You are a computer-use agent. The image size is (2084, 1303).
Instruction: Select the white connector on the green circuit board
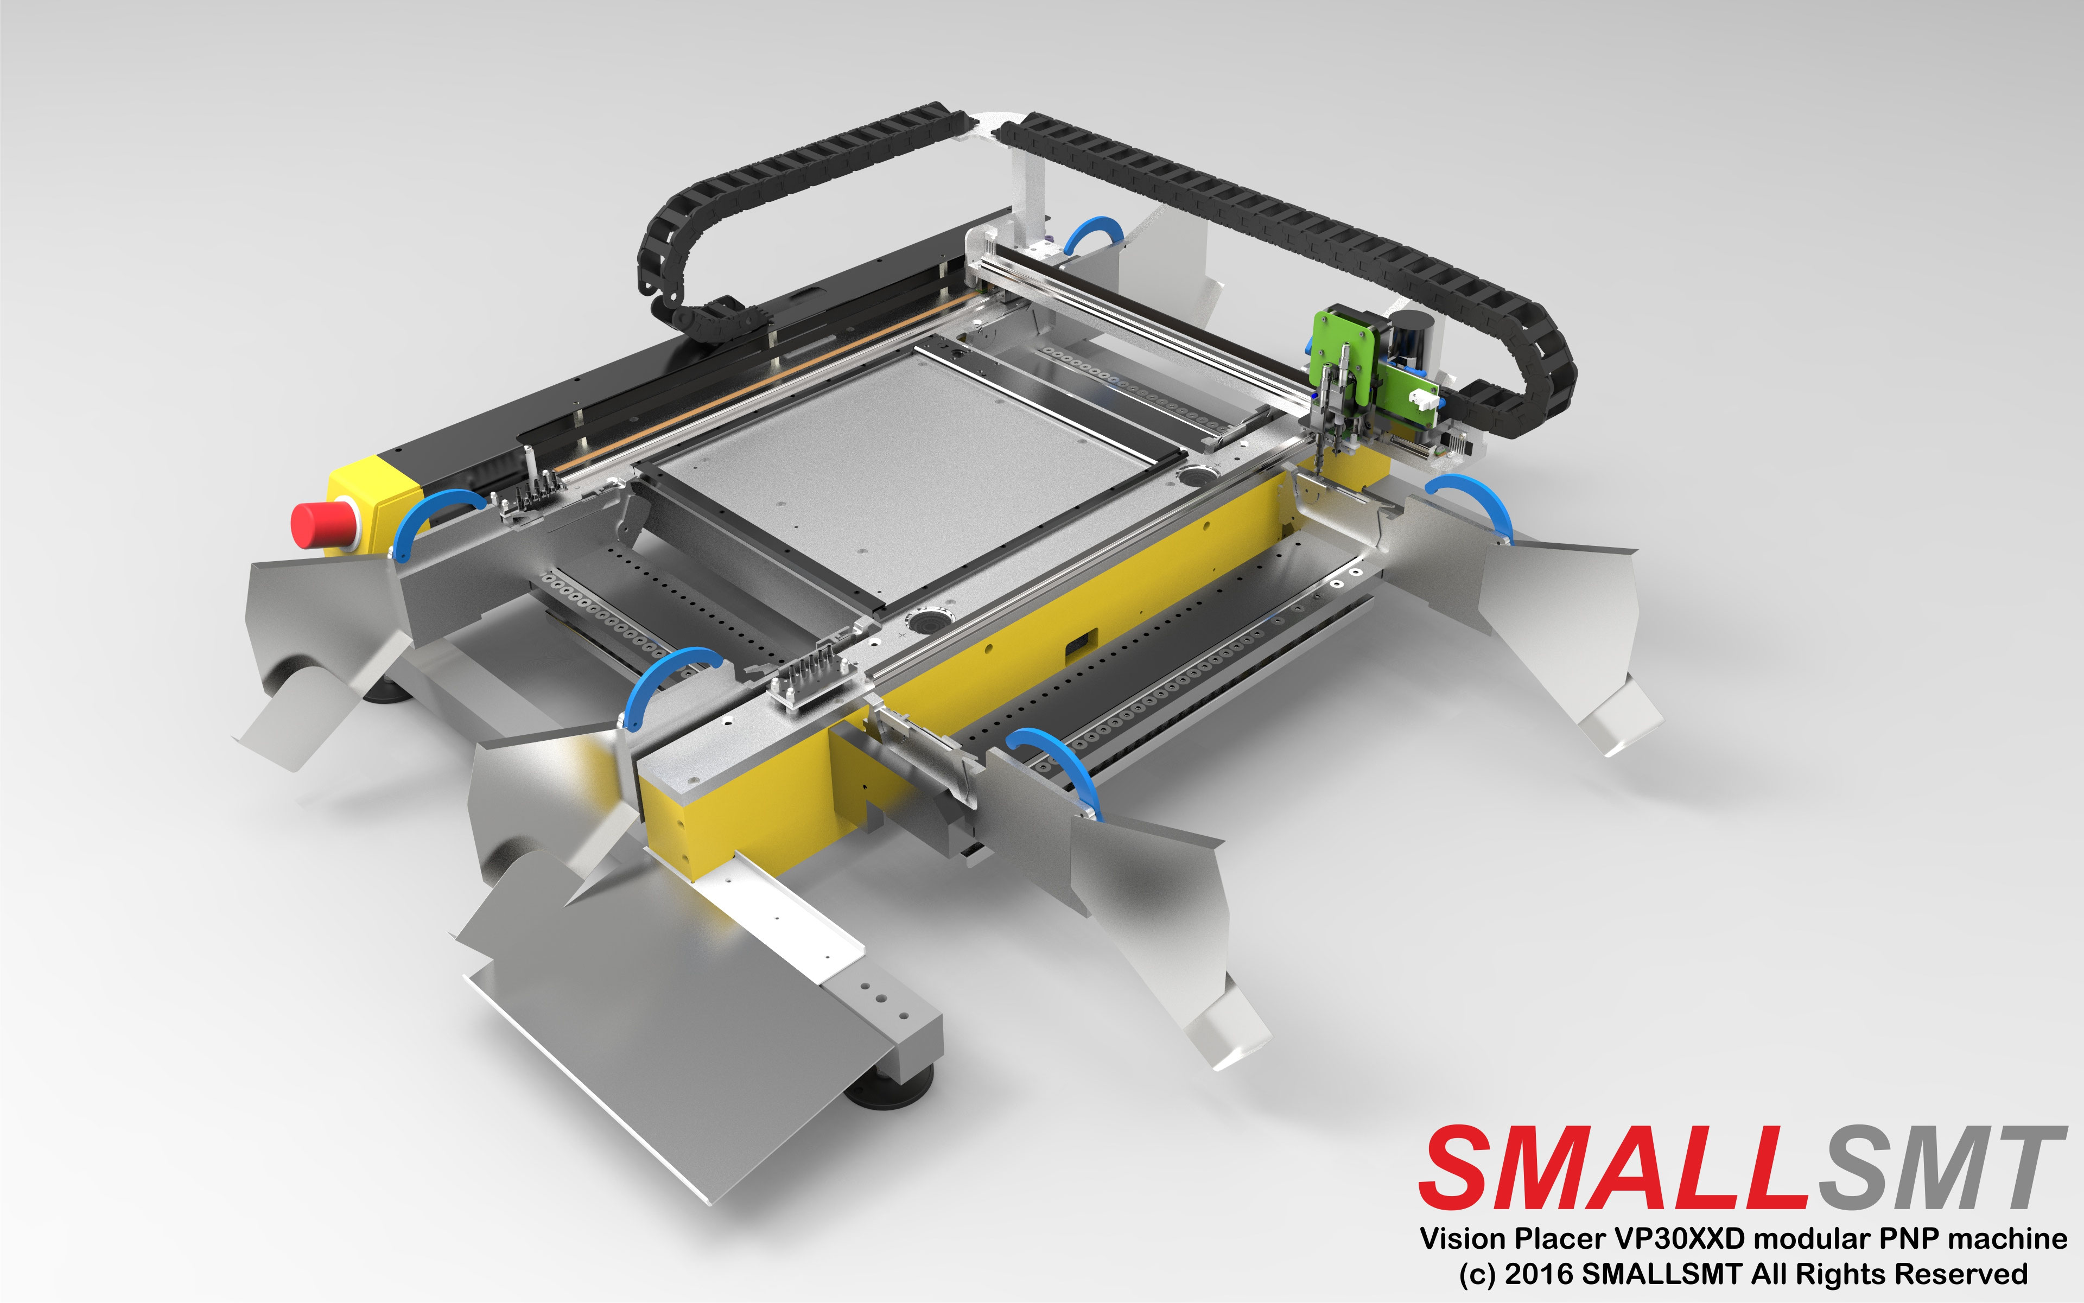[1423, 399]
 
